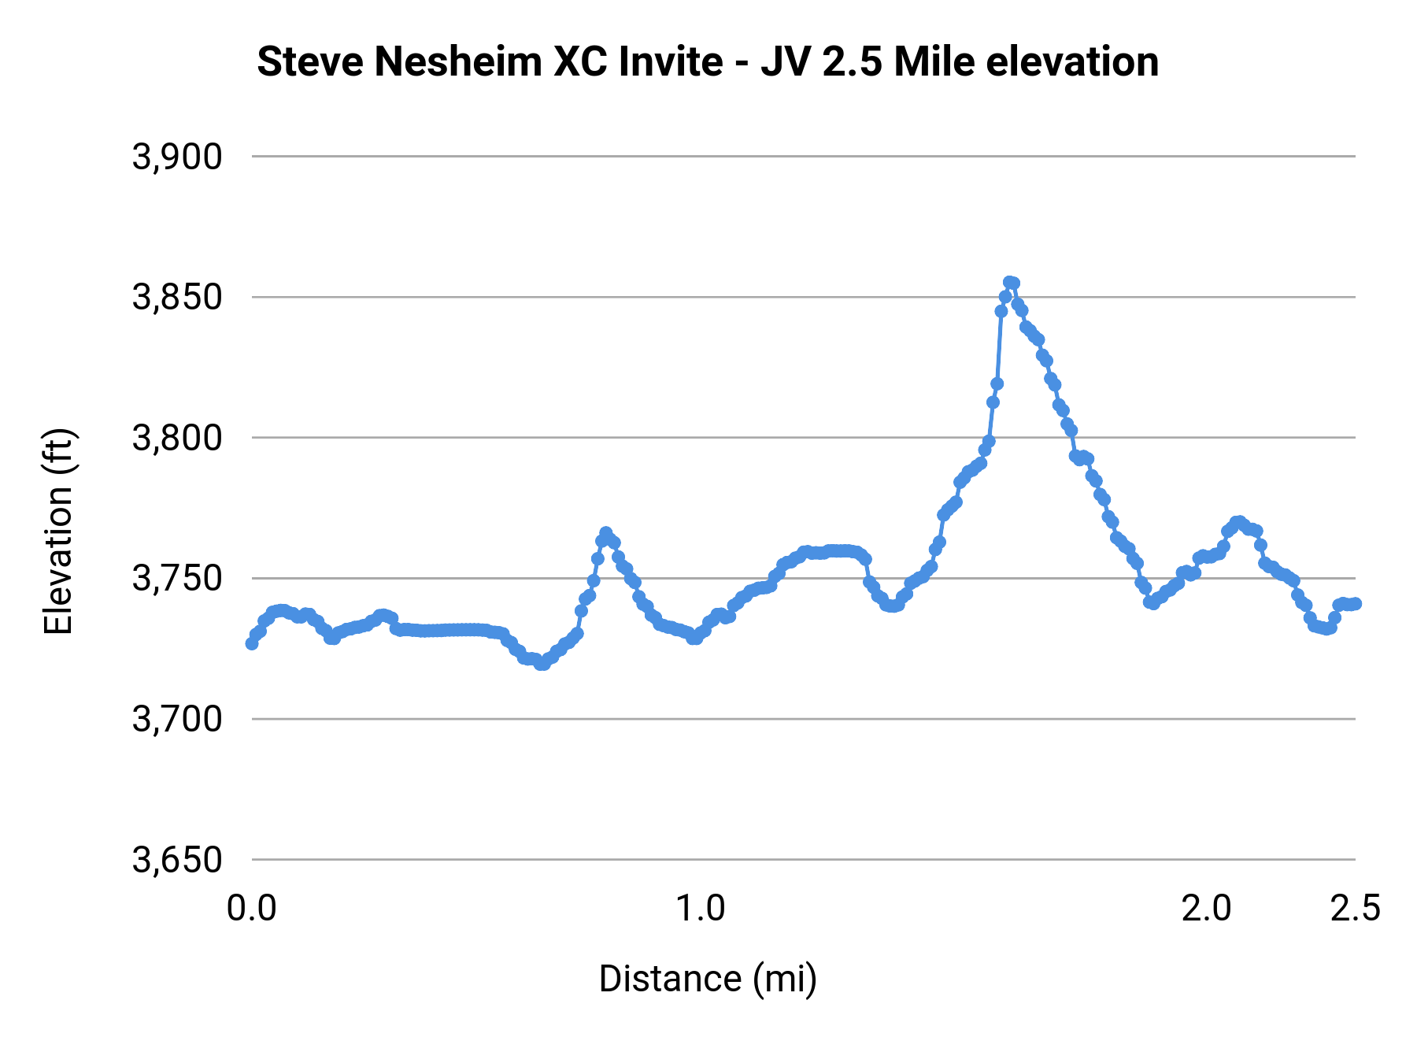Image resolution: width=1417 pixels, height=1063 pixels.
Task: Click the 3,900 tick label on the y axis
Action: [x=177, y=157]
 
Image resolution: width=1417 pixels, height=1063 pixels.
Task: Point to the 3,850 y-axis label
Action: [x=177, y=298]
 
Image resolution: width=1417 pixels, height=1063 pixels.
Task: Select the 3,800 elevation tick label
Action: [x=177, y=439]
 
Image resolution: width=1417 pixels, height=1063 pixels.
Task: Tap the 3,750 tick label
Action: [x=177, y=580]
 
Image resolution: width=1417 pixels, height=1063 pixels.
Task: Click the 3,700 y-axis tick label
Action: [x=177, y=720]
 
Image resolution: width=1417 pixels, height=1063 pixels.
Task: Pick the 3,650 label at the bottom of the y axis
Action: [x=177, y=861]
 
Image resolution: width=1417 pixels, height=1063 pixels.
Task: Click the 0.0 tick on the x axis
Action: [x=251, y=909]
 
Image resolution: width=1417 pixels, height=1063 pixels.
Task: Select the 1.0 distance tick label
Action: [x=701, y=909]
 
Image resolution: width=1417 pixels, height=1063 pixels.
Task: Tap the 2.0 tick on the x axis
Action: [x=1206, y=909]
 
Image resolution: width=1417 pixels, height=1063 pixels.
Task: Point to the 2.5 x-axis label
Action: [x=1355, y=909]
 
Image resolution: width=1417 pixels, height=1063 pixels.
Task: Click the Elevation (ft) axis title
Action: [x=58, y=531]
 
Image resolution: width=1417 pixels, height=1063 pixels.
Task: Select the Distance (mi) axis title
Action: [x=708, y=979]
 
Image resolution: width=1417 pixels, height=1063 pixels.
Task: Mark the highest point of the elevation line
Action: [x=1009, y=282]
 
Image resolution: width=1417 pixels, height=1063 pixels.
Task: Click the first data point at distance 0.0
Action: [x=252, y=643]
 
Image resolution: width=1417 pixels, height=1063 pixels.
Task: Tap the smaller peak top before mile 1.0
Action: [x=605, y=533]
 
